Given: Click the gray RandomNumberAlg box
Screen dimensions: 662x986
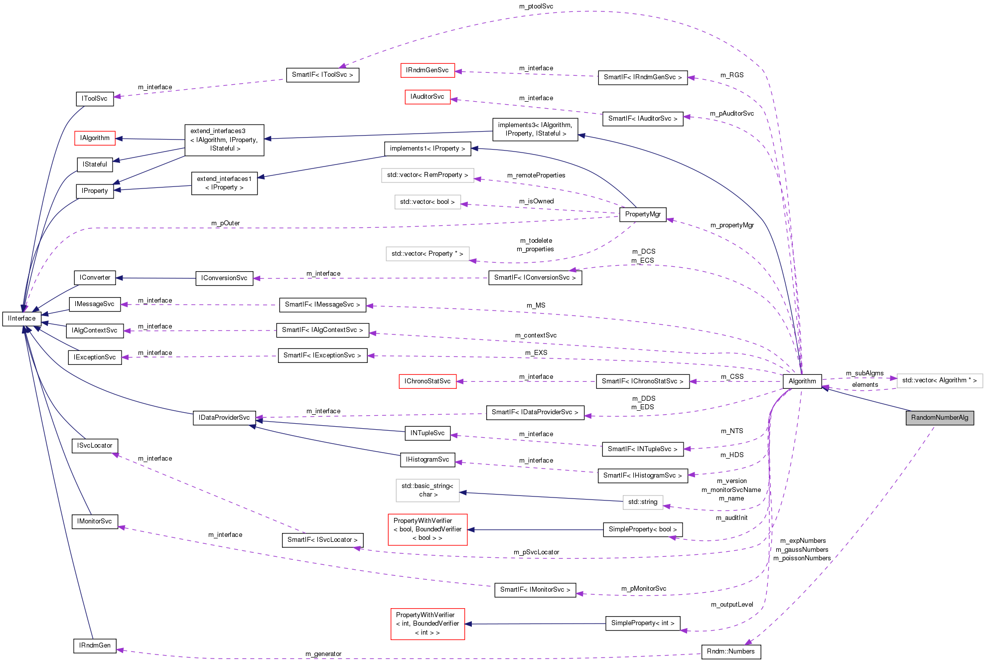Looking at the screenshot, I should (939, 418).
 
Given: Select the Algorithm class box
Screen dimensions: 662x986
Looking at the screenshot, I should (802, 381).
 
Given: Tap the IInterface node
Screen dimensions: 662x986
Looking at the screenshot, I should (21, 319).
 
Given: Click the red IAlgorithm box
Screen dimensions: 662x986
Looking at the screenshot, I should (95, 138).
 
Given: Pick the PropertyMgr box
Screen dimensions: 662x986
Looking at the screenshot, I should (642, 214).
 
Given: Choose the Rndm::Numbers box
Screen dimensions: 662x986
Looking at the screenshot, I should (730, 652).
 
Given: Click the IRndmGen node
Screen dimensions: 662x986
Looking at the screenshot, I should (95, 646).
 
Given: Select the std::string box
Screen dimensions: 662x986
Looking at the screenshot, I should (642, 502).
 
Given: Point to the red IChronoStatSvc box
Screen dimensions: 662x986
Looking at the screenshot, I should (427, 381).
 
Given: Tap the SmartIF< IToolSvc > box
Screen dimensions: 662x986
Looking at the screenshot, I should (322, 75).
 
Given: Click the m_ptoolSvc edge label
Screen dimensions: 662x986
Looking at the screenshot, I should (536, 6).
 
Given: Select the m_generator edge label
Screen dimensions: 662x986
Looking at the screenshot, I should (323, 654).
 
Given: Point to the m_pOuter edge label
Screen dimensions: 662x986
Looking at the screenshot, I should (225, 223).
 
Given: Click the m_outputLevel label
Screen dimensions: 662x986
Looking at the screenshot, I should (731, 605).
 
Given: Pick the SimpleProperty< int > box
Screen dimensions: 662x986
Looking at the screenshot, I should (642, 623).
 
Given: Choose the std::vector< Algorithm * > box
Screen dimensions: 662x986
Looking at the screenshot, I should (939, 380).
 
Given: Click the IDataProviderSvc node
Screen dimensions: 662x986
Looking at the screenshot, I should (224, 418).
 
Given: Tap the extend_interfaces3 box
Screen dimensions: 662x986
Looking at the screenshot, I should (224, 140).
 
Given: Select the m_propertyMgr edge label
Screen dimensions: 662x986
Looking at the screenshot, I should (731, 225).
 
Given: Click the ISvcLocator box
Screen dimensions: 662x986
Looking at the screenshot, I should (95, 446).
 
